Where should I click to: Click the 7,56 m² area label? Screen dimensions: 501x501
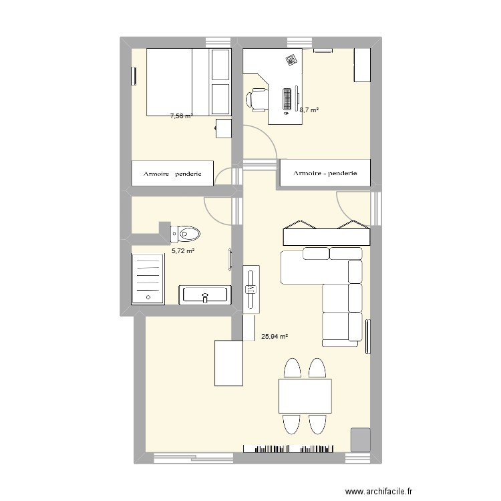181,116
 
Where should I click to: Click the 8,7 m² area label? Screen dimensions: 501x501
309,110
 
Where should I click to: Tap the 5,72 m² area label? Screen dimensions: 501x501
183,251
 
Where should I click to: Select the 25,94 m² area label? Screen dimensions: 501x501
275,337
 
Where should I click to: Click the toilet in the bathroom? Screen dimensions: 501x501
186,234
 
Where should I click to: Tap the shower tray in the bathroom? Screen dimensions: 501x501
148,277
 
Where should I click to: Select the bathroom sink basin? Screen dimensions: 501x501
205,294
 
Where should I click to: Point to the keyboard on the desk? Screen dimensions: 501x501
287,99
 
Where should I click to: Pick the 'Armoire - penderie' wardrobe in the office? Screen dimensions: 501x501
325,174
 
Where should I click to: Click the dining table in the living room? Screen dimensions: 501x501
305,396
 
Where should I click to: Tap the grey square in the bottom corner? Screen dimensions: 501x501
361,439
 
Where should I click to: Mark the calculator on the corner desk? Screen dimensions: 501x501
291,61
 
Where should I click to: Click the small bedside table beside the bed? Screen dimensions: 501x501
223,128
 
